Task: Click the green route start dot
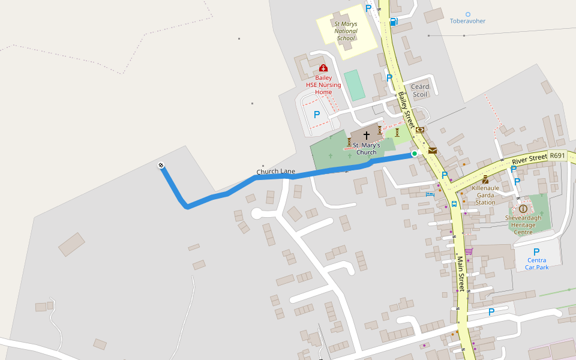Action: click(414, 154)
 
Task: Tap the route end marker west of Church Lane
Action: click(161, 166)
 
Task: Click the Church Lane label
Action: click(275, 172)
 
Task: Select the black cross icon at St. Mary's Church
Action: click(366, 136)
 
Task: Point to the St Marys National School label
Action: click(346, 31)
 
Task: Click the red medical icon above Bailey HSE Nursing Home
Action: click(323, 68)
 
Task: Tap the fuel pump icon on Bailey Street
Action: click(394, 22)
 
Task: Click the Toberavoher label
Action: click(467, 21)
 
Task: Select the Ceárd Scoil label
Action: click(420, 91)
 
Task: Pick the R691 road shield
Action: click(557, 156)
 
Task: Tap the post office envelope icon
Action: click(432, 151)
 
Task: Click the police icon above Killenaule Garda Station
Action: click(485, 179)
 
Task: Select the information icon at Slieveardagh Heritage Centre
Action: click(523, 208)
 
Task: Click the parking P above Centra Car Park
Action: click(536, 252)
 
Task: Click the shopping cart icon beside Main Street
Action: click(468, 251)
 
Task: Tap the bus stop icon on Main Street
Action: click(454, 203)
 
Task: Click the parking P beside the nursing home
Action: click(317, 114)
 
